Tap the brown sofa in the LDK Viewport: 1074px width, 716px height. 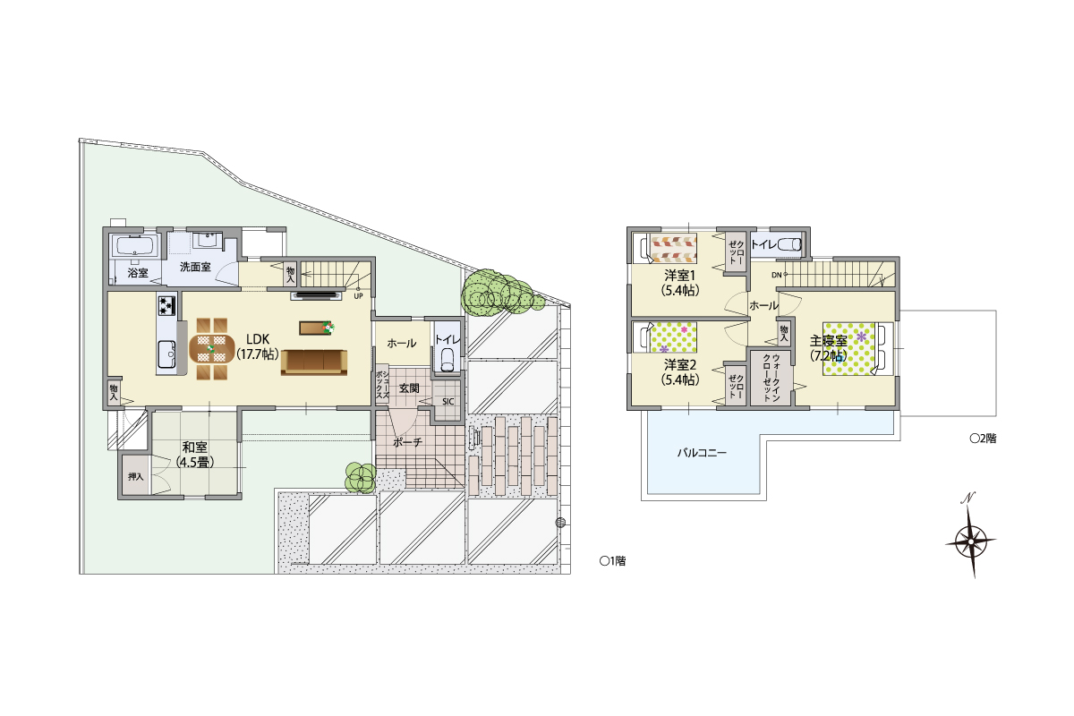(314, 362)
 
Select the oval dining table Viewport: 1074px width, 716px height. (212, 349)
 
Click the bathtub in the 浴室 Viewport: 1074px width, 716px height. (135, 246)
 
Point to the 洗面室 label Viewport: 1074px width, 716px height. (195, 267)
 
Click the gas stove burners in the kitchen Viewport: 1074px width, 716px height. (166, 305)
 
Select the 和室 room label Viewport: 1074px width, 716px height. (195, 447)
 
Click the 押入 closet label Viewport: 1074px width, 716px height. (136, 477)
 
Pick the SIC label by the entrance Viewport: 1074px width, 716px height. (447, 401)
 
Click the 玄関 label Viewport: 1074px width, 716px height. (409, 388)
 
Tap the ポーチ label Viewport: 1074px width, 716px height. (407, 442)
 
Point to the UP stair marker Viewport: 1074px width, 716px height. (358, 296)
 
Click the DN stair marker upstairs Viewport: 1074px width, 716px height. (777, 275)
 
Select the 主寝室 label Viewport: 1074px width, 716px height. (828, 341)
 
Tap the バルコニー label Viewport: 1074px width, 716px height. (702, 452)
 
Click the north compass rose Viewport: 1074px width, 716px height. (971, 541)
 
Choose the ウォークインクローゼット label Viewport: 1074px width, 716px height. (771, 378)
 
